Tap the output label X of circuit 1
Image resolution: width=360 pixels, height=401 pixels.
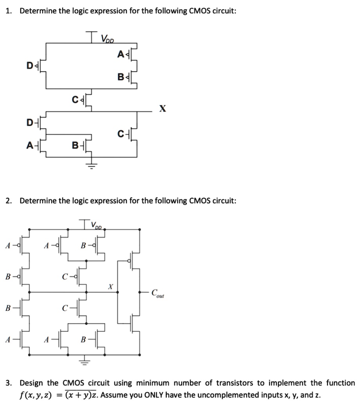(162, 109)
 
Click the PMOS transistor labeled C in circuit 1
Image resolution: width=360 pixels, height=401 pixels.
(86, 99)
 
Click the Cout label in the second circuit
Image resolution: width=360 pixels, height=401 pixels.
(157, 293)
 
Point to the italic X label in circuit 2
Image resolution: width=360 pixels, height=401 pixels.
(110, 287)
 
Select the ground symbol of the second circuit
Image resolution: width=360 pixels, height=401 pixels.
(85, 361)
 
